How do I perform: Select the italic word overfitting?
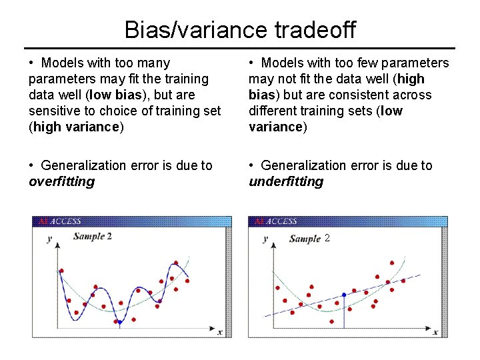point(62,181)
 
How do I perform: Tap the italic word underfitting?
point(286,181)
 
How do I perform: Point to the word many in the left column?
point(155,63)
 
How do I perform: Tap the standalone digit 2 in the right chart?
point(327,237)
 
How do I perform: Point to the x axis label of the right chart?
point(435,331)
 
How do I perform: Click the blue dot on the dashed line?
point(344,295)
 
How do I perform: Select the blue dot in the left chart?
point(119,322)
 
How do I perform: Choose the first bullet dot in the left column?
point(32,63)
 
